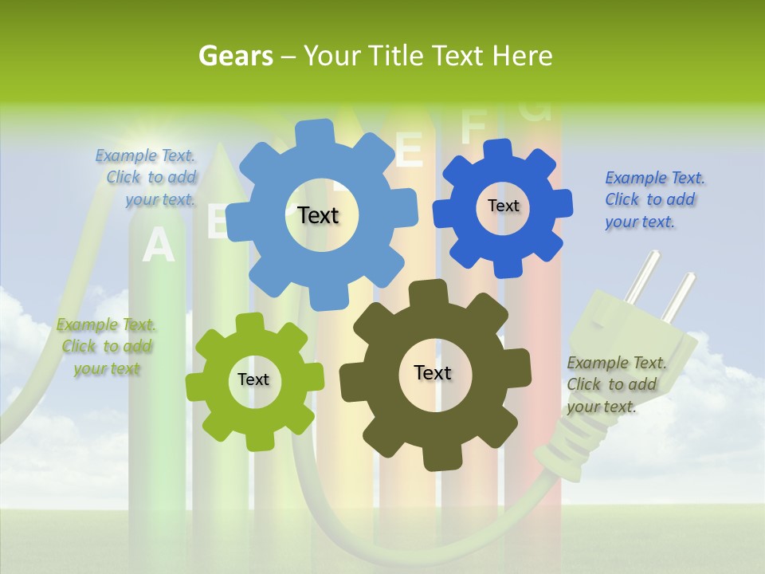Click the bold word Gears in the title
[235, 56]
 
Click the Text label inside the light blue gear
[318, 215]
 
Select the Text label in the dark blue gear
[503, 206]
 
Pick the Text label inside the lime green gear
[253, 380]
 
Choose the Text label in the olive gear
[433, 372]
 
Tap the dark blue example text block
[654, 200]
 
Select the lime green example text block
[106, 347]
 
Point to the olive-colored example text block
[616, 384]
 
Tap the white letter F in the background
[473, 125]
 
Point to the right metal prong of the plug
[680, 297]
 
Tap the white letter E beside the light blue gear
[409, 150]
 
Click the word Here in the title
[523, 56]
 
